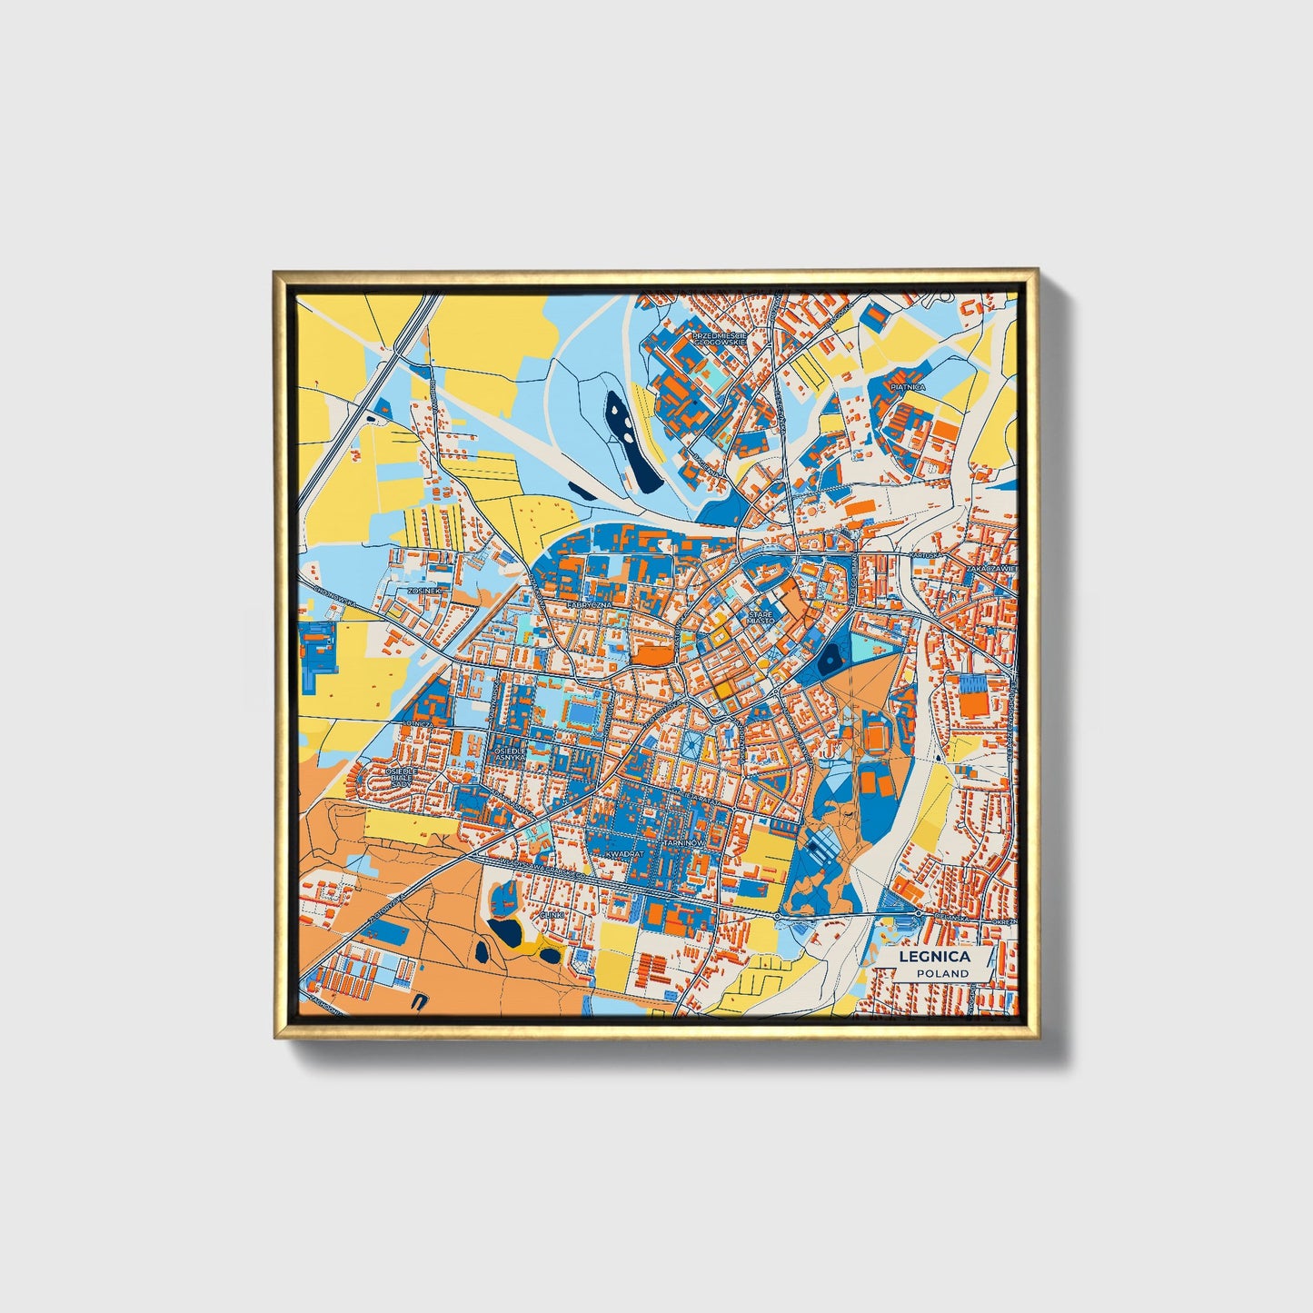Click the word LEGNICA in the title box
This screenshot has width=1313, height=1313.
(x=934, y=957)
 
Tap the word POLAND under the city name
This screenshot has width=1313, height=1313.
(x=942, y=973)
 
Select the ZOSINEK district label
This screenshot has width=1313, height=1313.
(x=423, y=590)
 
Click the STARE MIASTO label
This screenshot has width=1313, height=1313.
(x=761, y=618)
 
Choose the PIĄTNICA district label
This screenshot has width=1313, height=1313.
(x=908, y=387)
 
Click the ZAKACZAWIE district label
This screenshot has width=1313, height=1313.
(x=990, y=567)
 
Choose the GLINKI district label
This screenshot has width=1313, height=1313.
(x=552, y=914)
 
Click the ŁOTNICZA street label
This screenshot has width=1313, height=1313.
(x=414, y=724)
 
